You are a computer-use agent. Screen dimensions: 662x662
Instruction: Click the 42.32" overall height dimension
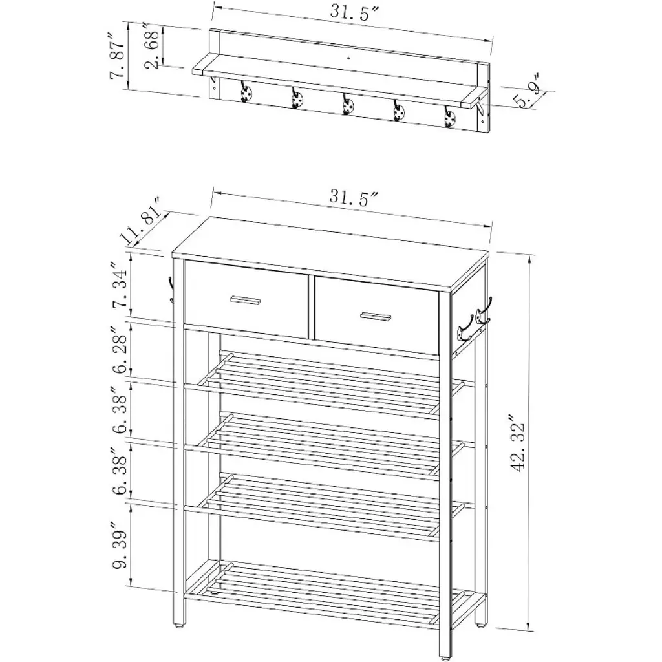point(519,442)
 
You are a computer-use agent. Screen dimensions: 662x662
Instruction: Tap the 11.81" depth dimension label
point(142,220)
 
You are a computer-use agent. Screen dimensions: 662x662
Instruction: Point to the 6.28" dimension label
point(120,348)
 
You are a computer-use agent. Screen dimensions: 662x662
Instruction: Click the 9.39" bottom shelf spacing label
point(120,544)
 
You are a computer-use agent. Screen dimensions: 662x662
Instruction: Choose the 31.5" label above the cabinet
point(354,197)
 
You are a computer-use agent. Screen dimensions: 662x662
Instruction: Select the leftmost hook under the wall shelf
point(246,92)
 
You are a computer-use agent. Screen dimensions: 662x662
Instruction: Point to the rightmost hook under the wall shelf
point(449,116)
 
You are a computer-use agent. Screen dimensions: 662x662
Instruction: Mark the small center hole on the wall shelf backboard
point(348,57)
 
